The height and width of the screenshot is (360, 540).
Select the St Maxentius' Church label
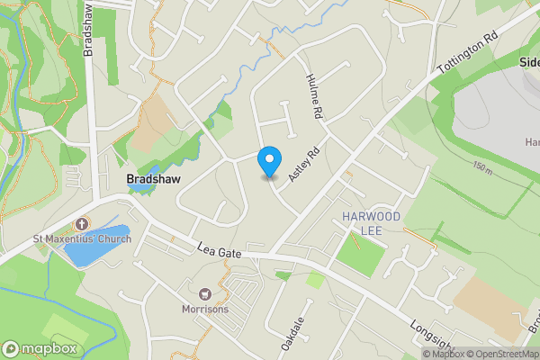pyautogui.click(x=83, y=238)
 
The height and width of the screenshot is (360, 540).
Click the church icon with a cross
pyautogui.click(x=82, y=224)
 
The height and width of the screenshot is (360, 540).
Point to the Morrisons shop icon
pyautogui.click(x=204, y=294)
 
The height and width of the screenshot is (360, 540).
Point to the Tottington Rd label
pyautogui.click(x=466, y=55)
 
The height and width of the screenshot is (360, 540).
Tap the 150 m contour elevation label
pyautogui.click(x=481, y=169)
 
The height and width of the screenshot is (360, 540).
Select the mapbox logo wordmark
pyautogui.click(x=40, y=348)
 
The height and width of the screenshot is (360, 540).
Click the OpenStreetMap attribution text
pyautogui.click(x=503, y=354)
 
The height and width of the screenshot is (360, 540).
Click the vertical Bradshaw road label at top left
pyautogui.click(x=88, y=29)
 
